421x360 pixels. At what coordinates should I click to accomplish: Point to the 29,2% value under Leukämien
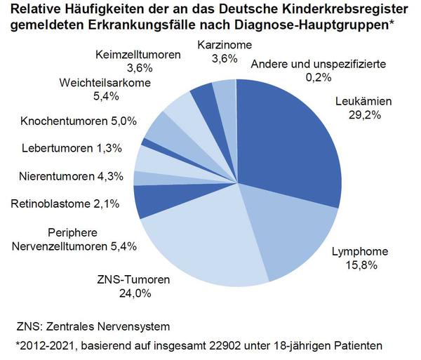pyautogui.click(x=364, y=115)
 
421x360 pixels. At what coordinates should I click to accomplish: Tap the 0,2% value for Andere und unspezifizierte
pyautogui.click(x=317, y=78)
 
